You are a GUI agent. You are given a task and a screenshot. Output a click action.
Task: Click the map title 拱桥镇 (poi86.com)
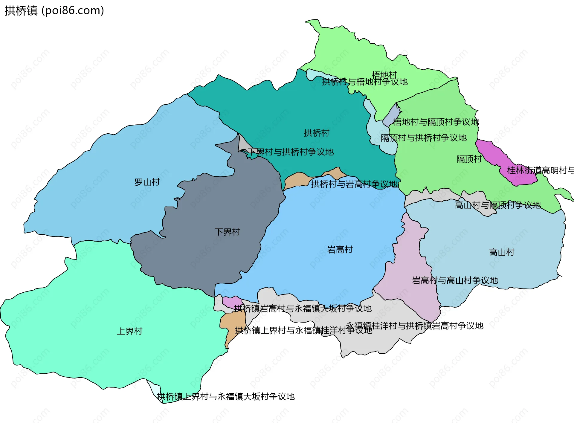(54, 10)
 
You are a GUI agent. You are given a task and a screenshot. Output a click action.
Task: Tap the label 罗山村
(147, 182)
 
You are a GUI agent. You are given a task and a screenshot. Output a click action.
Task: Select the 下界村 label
(227, 232)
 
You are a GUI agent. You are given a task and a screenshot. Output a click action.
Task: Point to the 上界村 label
(129, 331)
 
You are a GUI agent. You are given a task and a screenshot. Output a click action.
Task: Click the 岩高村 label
(340, 250)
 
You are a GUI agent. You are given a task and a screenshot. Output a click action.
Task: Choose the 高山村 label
(501, 252)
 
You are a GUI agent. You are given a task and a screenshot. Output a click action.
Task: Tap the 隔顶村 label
(469, 159)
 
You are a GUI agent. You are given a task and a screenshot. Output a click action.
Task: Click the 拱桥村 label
(316, 133)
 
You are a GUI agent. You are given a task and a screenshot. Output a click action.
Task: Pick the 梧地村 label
(384, 74)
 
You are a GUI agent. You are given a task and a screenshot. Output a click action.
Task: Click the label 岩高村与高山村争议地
(455, 280)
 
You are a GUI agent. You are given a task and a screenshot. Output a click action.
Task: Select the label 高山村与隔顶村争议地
(497, 205)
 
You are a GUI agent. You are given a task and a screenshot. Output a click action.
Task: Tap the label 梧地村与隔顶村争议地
(436, 122)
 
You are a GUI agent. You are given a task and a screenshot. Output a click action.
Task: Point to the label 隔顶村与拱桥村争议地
(423, 138)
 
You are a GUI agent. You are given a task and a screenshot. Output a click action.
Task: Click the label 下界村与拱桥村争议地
(291, 152)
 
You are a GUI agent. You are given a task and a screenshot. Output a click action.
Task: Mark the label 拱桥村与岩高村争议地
(354, 184)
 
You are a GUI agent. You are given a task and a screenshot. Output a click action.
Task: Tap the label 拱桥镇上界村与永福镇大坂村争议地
(226, 397)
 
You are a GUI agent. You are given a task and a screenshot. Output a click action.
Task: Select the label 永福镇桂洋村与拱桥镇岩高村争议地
(415, 326)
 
